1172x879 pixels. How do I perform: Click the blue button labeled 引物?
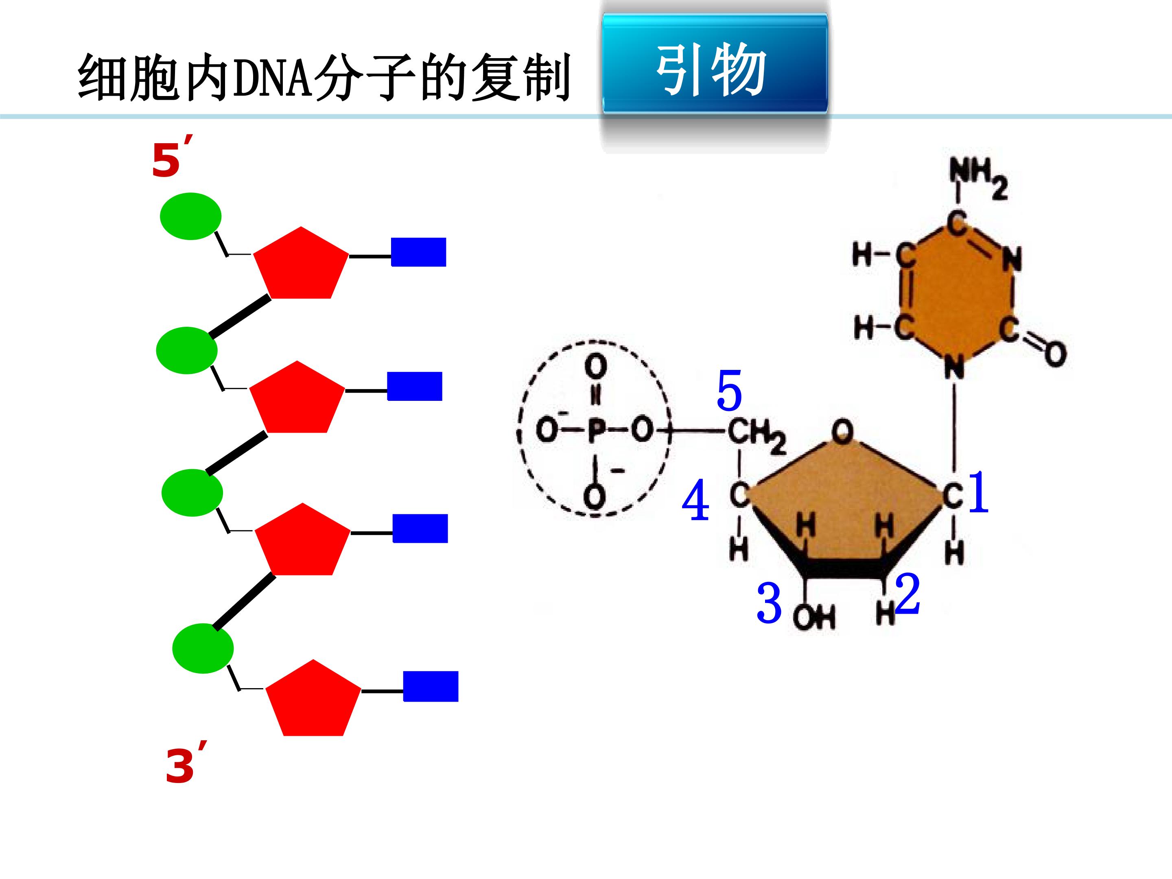coord(715,63)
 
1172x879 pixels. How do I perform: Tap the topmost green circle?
coord(191,216)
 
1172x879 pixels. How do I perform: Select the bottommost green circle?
coord(203,649)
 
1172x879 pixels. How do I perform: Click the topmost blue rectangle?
coord(419,252)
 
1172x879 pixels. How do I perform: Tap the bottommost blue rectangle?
coord(431,687)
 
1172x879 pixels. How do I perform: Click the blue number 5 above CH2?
coord(729,391)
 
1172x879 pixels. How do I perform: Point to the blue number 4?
coord(695,500)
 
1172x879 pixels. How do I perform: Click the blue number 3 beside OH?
coord(769,603)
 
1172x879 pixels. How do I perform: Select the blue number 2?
coord(907,594)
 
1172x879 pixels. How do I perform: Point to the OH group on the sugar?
coord(814,617)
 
